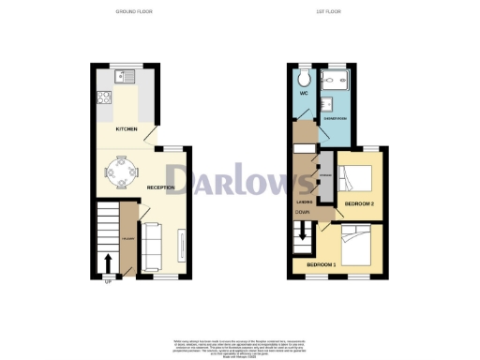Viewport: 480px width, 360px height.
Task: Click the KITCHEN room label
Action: pyautogui.click(x=127, y=128)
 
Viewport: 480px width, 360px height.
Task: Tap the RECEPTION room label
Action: pyautogui.click(x=162, y=187)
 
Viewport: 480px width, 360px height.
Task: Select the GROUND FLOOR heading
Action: pyautogui.click(x=135, y=11)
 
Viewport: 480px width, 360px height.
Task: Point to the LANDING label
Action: pyautogui.click(x=305, y=202)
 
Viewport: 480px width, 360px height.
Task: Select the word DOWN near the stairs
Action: pyautogui.click(x=303, y=213)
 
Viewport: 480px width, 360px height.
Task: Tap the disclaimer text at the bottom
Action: pyautogui.click(x=240, y=346)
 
